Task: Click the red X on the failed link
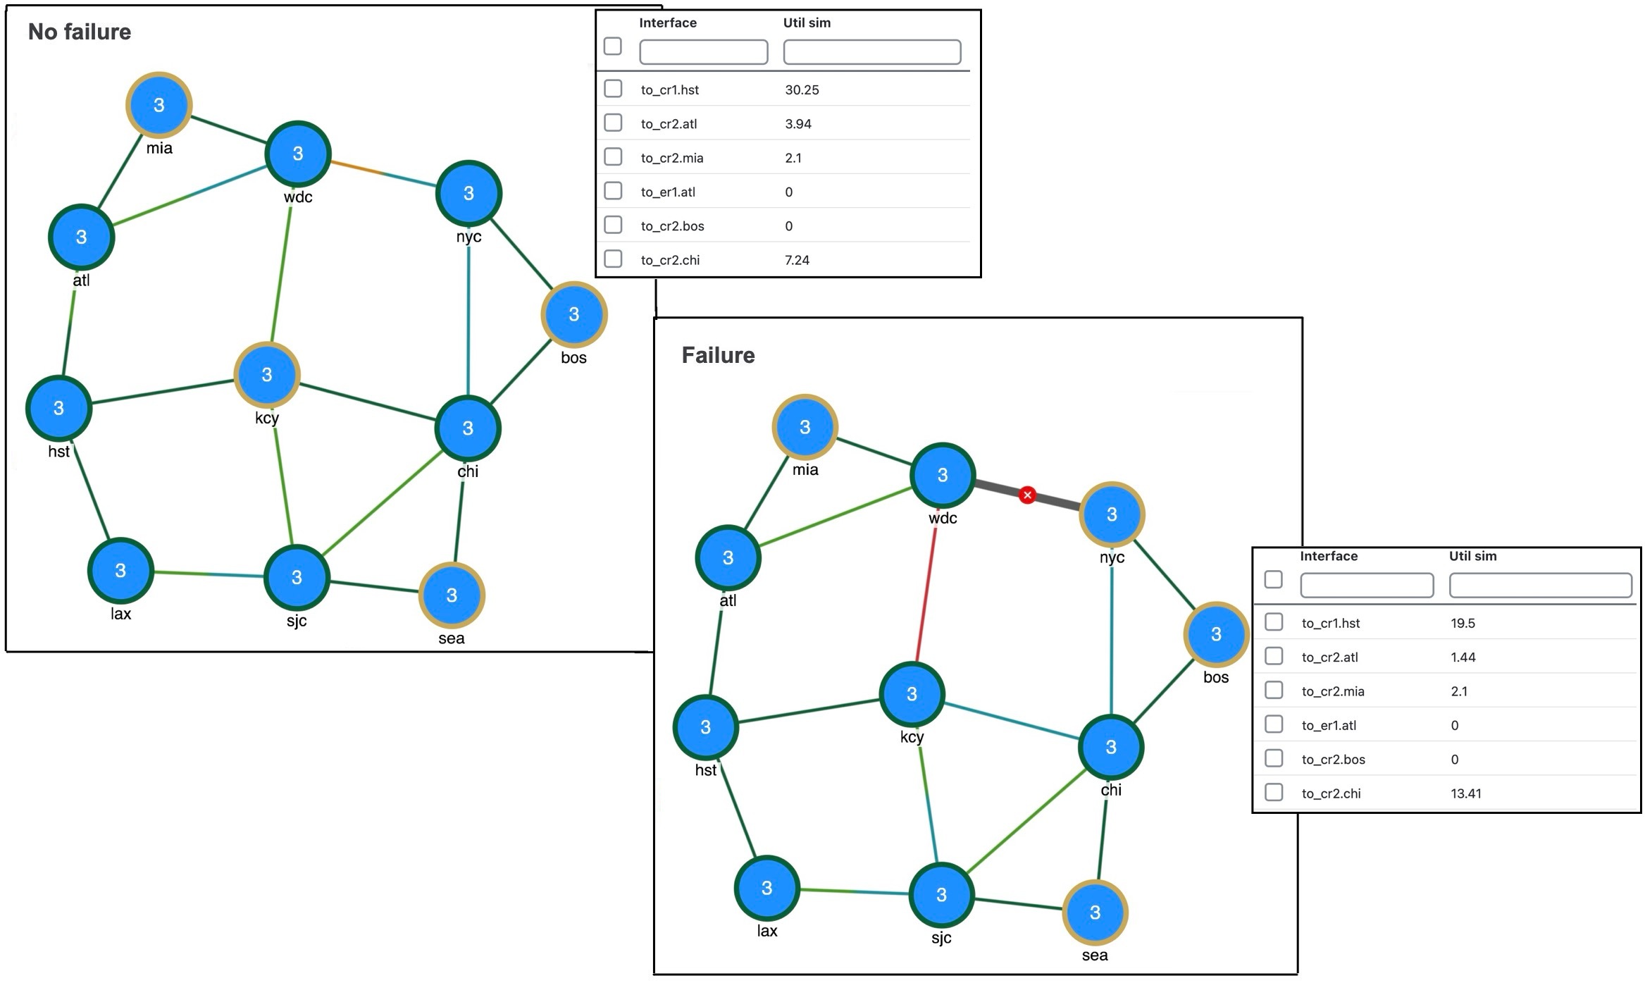point(1027,495)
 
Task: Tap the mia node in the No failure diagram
point(159,105)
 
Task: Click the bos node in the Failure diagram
point(1215,634)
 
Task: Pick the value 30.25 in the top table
point(802,90)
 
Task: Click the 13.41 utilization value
point(1465,793)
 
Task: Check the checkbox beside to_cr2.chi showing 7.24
point(613,259)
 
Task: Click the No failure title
point(80,32)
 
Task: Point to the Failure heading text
point(718,355)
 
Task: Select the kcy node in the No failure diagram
point(266,375)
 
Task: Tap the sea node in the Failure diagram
point(1094,913)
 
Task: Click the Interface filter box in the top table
point(703,52)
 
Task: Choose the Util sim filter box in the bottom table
point(1540,586)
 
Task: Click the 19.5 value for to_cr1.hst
point(1463,623)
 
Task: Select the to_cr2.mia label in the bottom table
point(1332,691)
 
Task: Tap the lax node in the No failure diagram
point(120,571)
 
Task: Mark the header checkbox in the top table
point(613,47)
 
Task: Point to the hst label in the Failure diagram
point(705,770)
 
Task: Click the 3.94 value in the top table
point(798,124)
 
